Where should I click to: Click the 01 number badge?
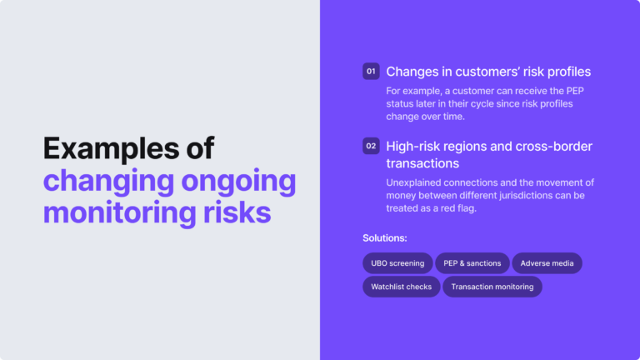371,72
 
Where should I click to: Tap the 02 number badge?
371,147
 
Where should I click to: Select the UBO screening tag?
397,263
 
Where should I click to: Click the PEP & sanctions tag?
472,263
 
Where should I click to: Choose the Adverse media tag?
547,263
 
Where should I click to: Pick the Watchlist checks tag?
401,287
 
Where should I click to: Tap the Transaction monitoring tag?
492,287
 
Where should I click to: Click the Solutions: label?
384,238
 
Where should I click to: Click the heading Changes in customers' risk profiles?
488,72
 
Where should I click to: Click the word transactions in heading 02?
422,163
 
